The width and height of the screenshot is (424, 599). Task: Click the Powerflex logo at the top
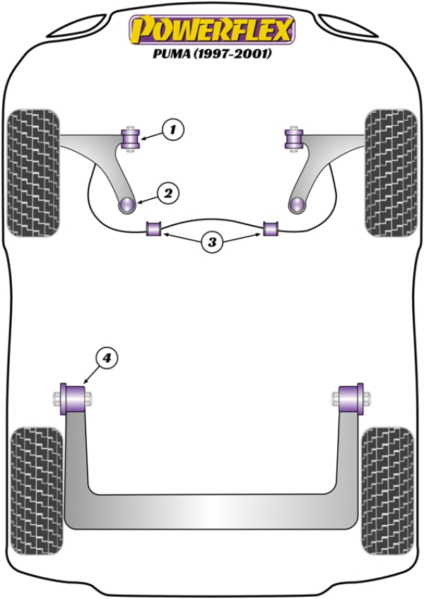tap(211, 30)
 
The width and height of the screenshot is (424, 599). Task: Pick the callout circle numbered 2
tap(168, 192)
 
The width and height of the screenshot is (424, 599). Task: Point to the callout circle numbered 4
tap(106, 360)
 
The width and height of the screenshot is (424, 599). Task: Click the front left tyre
tap(33, 172)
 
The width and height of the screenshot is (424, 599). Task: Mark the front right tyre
tap(391, 172)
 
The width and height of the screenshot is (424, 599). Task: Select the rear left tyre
tap(37, 487)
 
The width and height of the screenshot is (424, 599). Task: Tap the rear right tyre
tap(387, 487)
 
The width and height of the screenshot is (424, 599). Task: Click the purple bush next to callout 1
tap(131, 137)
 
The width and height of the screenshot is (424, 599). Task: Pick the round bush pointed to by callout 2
tap(128, 205)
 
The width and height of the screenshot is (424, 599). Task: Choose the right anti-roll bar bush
tap(272, 229)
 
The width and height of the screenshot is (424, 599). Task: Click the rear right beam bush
tap(351, 398)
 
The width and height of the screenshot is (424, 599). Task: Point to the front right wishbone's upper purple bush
tap(293, 137)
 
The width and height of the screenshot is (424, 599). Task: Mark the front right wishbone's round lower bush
tap(297, 205)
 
